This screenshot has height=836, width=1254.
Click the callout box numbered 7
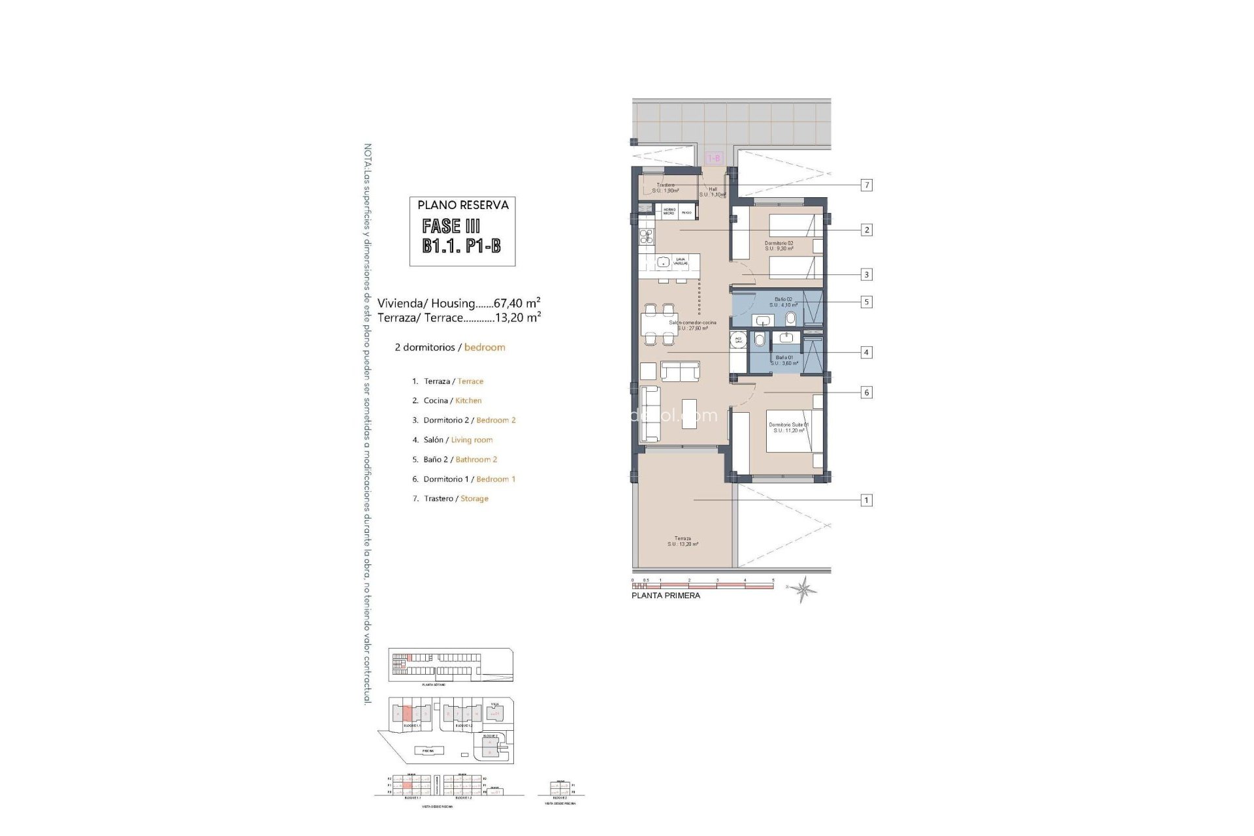point(867,185)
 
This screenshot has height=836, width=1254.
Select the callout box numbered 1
point(867,500)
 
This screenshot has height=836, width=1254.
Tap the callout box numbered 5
point(867,302)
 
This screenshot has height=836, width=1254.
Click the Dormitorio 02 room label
point(779,246)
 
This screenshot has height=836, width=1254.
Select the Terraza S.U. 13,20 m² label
point(683,541)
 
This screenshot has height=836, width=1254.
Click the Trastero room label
point(666,188)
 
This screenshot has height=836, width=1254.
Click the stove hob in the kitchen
point(189,236)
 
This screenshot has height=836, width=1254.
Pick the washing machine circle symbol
point(739,340)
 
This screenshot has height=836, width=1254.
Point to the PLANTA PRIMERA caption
point(666,596)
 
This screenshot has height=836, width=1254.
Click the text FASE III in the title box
point(451,227)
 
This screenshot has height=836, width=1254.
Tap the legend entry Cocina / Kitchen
point(452,400)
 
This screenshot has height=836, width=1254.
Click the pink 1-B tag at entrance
point(714,158)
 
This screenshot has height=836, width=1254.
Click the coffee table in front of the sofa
point(689,413)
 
